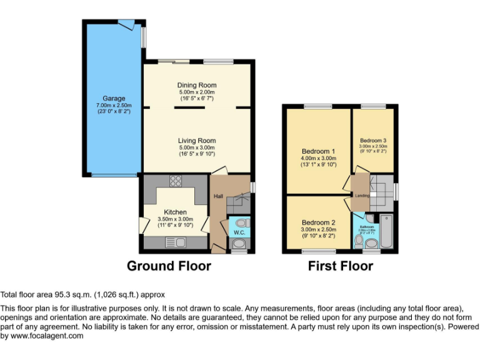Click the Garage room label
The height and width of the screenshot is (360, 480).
click(x=114, y=99)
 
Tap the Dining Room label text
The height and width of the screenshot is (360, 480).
click(x=196, y=85)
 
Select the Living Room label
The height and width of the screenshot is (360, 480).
click(x=196, y=141)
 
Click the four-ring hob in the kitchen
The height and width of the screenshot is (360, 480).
click(x=175, y=182)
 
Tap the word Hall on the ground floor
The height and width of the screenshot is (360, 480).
click(x=218, y=197)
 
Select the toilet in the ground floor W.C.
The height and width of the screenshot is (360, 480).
click(x=242, y=222)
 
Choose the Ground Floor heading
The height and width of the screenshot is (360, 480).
click(x=169, y=266)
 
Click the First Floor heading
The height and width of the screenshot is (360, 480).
click(x=340, y=266)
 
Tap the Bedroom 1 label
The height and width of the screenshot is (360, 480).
click(x=319, y=151)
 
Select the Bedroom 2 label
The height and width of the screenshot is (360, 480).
click(x=319, y=222)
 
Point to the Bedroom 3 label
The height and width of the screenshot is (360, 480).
click(x=372, y=140)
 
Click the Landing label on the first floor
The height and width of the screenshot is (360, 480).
click(x=362, y=196)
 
